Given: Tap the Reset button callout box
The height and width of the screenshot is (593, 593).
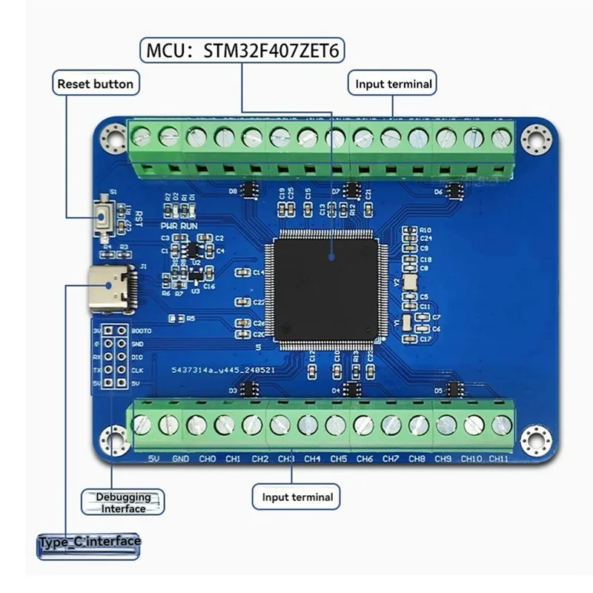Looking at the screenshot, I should pos(96,84).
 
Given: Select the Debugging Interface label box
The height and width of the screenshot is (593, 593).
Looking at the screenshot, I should pos(123,502).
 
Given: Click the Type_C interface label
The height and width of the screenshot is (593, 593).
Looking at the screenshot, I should pos(89,542).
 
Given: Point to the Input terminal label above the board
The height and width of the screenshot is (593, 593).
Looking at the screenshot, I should pos(393,84).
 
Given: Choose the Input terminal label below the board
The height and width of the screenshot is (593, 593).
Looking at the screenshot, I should pos(296,497).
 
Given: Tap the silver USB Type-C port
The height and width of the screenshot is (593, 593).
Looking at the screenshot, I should pos(112,288).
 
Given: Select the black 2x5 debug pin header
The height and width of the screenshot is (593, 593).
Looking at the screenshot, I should pos(113,357).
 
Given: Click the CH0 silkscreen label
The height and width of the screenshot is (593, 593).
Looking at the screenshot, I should pos(208,459).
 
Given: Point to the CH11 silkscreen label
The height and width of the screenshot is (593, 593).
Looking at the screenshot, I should pos(498,459).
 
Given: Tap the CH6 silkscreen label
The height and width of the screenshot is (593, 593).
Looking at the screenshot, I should pos(364,459).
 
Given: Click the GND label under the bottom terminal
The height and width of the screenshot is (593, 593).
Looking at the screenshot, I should pos(181,459).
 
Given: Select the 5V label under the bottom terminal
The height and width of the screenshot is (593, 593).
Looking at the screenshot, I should pos(155,459).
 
